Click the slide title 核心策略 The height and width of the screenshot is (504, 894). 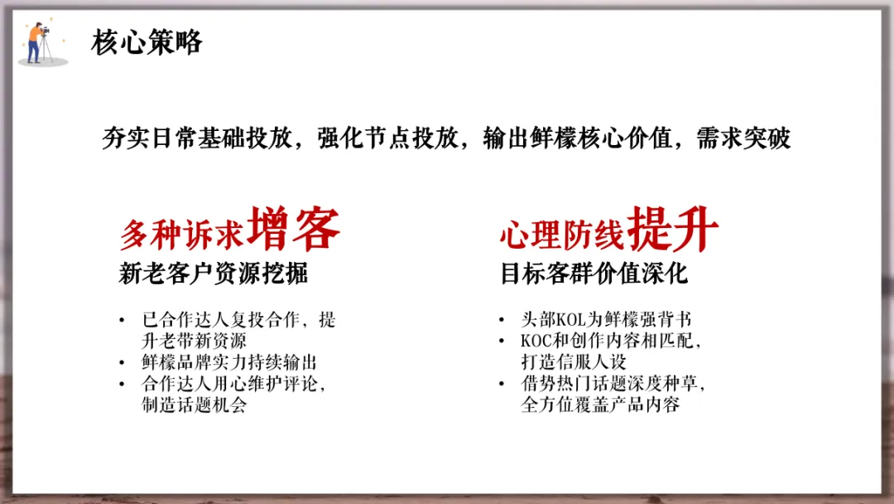147,42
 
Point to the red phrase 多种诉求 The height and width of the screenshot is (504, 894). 181,235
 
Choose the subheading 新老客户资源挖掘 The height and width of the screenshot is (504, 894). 214,274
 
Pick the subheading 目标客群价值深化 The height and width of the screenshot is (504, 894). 594,274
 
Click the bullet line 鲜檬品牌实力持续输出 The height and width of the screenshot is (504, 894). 229,363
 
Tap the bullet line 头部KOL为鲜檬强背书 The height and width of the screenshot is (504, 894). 606,320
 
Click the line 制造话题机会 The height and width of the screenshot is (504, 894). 194,406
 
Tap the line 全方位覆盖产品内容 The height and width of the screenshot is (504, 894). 600,406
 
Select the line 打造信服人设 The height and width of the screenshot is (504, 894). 574,363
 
